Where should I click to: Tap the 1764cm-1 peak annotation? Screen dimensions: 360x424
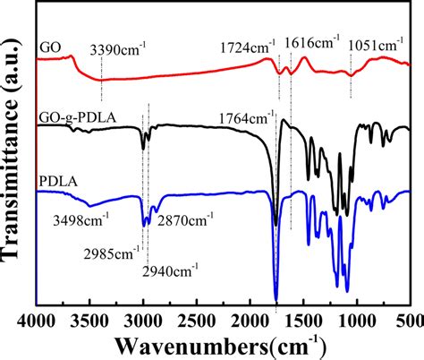coord(246,117)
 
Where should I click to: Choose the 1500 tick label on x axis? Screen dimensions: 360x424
coord(304,320)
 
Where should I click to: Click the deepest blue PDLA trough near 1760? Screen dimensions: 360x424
coord(276,300)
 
